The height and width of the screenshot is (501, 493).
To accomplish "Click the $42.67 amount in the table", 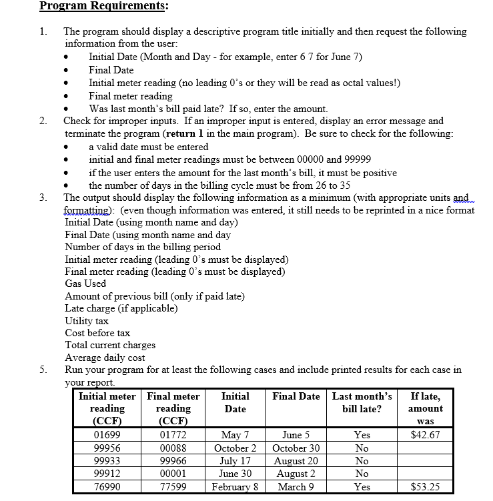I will [425, 436].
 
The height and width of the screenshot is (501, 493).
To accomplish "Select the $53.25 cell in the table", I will [425, 486].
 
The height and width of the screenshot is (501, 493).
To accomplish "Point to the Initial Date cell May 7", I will [235, 436].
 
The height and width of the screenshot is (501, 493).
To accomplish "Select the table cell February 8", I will [235, 486].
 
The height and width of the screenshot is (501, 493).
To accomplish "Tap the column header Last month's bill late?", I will [362, 402].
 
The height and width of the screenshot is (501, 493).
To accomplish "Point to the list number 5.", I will [43, 370].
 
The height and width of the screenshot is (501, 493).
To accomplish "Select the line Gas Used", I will [85, 284].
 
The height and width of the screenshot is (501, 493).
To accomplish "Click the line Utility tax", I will [87, 321].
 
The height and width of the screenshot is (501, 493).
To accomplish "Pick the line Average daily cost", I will [105, 358].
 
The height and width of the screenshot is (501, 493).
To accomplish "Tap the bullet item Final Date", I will [111, 70].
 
